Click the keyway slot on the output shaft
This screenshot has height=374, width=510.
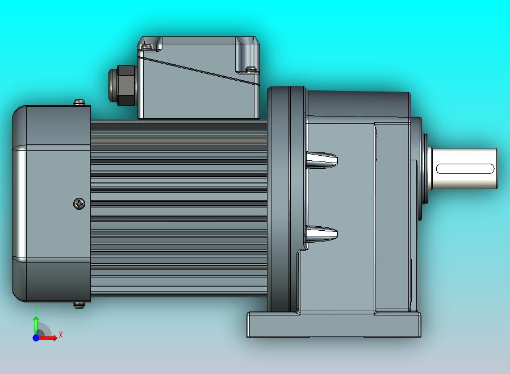[x=465, y=168]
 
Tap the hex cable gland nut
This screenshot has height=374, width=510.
[x=122, y=85]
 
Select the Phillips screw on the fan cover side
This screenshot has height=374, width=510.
[x=79, y=203]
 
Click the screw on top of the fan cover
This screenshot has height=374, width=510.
[x=80, y=102]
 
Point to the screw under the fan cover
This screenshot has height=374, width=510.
[x=80, y=305]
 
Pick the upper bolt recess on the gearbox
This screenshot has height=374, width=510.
[x=321, y=160]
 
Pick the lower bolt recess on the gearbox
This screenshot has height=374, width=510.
[x=321, y=233]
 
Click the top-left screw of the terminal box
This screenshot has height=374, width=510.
[x=148, y=45]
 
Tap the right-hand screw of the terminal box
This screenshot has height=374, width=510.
[x=250, y=70]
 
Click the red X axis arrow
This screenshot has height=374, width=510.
[x=49, y=338]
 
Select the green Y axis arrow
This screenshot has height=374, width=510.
[x=36, y=323]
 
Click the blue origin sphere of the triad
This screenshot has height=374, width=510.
[x=36, y=338]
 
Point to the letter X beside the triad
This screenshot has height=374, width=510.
[x=61, y=335]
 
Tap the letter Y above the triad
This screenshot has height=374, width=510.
[x=36, y=310]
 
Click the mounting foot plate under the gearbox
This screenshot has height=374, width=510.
[x=334, y=325]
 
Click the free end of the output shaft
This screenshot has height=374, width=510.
[x=494, y=168]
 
